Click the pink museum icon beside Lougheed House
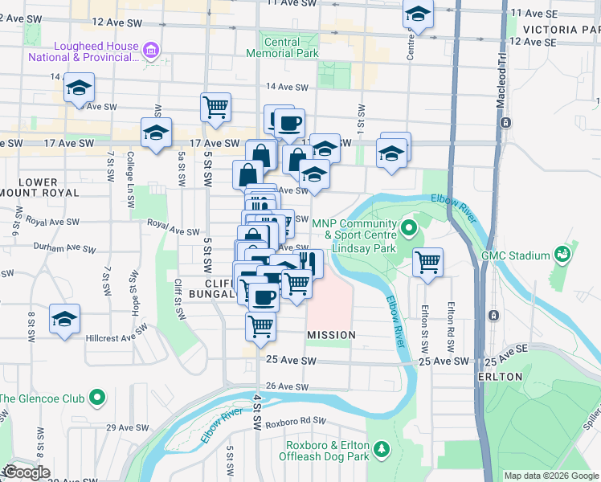[x=150, y=52]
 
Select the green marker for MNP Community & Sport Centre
[x=408, y=229]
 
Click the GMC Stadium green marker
[x=562, y=255]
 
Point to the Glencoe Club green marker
[x=98, y=398]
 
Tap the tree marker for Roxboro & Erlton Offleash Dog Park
[x=382, y=447]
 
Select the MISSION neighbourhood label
[x=331, y=334]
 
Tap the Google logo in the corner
[x=27, y=472]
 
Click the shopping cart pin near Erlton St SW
[x=428, y=261]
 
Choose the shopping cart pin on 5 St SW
[x=215, y=107]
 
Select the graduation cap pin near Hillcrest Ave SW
[x=64, y=318]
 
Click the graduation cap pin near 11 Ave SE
[x=418, y=14]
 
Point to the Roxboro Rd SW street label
[x=297, y=420]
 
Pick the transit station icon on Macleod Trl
[x=505, y=123]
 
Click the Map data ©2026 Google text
[x=551, y=476]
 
